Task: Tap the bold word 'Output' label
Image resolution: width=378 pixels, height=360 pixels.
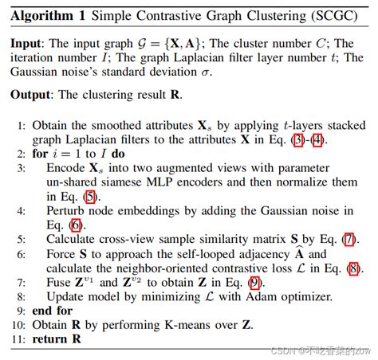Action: point(33,94)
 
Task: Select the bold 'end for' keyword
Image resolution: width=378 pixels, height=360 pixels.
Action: point(47,310)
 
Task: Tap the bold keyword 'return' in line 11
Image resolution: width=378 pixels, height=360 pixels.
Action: point(48,338)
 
